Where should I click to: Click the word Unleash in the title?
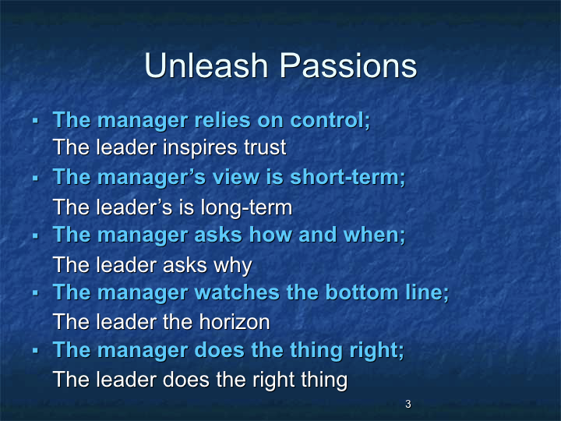(x=206, y=65)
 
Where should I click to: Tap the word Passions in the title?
(x=348, y=65)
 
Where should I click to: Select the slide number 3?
(x=408, y=404)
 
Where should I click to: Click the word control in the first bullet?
(x=330, y=120)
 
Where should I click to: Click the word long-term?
(x=246, y=208)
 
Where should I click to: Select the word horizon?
(x=235, y=322)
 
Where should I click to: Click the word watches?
(x=237, y=292)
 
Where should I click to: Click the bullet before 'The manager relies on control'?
(x=35, y=121)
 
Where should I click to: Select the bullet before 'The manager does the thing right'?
(x=35, y=351)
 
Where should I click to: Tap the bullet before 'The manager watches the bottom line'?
(x=35, y=293)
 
